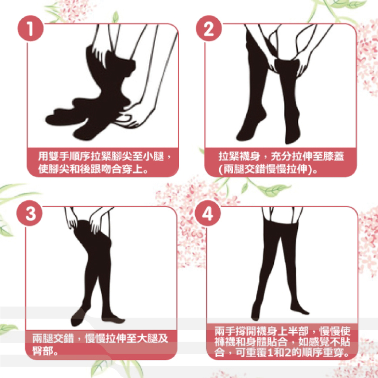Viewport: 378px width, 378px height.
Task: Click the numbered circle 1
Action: click(31, 28)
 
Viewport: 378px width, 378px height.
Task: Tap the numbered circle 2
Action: click(209, 28)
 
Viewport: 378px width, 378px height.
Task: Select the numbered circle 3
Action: click(30, 213)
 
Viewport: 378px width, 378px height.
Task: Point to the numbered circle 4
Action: click(208, 213)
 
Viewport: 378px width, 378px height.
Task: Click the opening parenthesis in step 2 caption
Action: click(220, 169)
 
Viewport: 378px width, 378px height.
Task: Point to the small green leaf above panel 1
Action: click(116, 17)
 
